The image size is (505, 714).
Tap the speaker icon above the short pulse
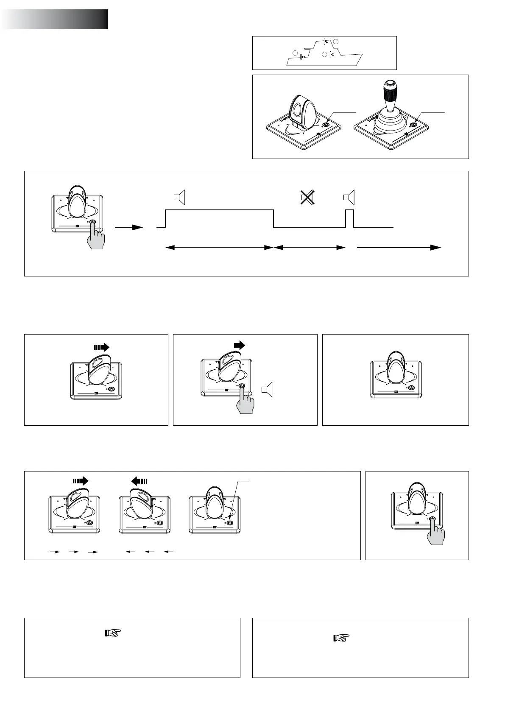point(349,197)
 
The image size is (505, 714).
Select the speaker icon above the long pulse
point(179,197)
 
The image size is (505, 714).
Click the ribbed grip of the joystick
point(389,91)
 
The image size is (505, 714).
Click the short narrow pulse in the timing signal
point(350,218)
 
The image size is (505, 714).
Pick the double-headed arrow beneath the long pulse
point(219,247)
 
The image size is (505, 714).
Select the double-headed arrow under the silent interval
point(309,247)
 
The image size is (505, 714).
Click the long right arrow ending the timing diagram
point(399,247)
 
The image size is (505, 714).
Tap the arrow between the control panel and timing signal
point(129,227)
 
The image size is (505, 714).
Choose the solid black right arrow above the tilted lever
point(239,345)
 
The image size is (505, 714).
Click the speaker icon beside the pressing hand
point(267,390)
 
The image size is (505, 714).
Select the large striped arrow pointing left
point(139,481)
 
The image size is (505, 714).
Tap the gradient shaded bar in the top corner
point(54,20)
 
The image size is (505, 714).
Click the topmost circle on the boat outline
point(336,42)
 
